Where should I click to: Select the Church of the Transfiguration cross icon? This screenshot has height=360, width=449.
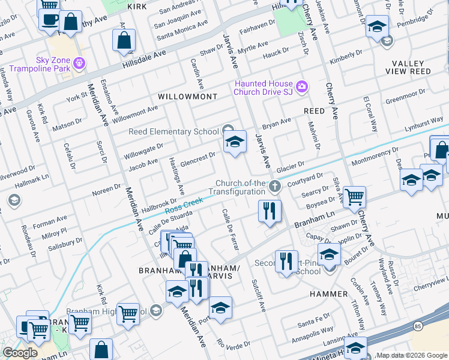(x=275, y=187)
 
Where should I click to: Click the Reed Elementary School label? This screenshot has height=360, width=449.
(x=173, y=131)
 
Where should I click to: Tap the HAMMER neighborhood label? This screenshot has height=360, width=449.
(x=328, y=294)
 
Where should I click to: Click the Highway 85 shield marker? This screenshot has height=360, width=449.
(x=418, y=325)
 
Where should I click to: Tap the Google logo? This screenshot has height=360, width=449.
(x=21, y=353)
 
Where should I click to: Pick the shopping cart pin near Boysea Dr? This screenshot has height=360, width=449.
(x=355, y=196)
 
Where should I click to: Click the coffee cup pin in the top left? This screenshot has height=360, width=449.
(x=49, y=20)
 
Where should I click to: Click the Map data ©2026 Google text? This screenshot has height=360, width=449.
(x=412, y=355)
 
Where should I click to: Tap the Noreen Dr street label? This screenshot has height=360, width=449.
(x=106, y=190)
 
